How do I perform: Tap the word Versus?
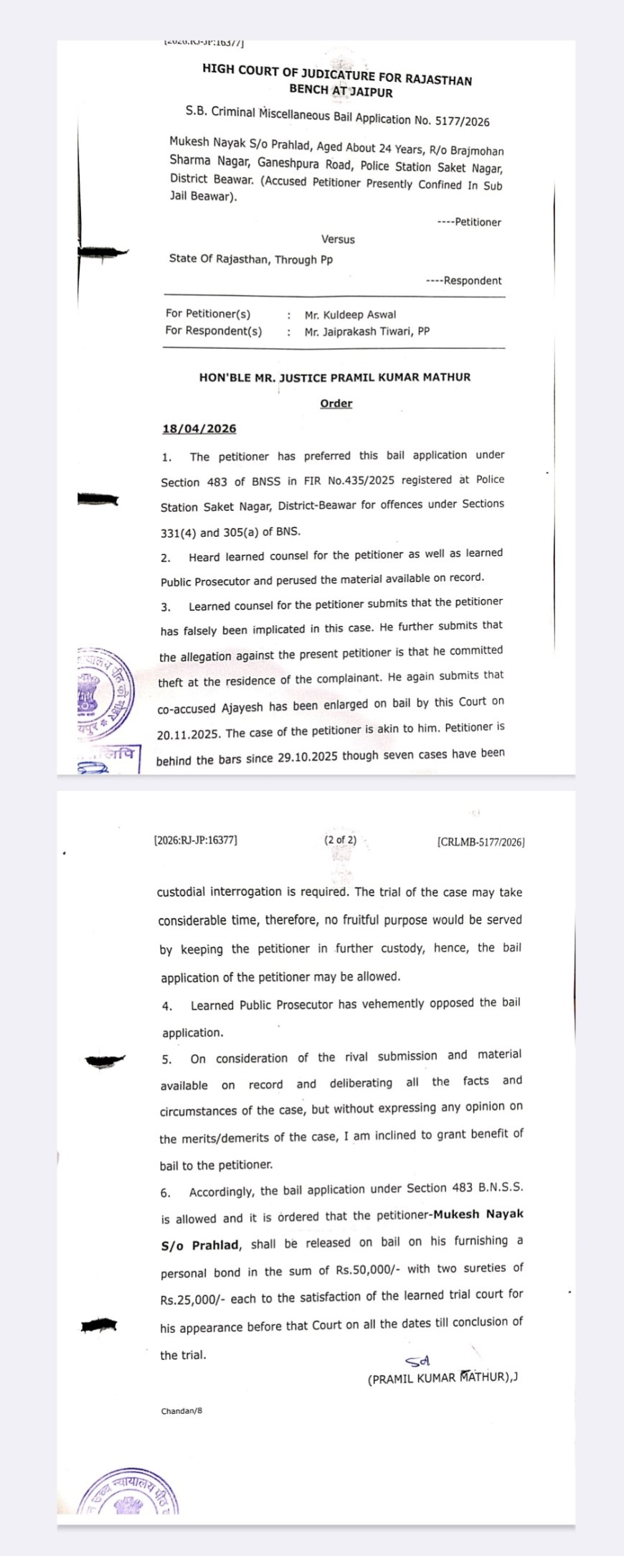pyautogui.click(x=338, y=239)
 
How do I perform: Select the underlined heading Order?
pyautogui.click(x=336, y=403)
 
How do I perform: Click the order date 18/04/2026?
pyautogui.click(x=199, y=428)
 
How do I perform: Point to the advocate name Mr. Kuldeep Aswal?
pyautogui.click(x=350, y=314)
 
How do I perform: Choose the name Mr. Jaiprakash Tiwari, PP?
pyautogui.click(x=367, y=332)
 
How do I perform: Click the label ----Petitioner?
pyautogui.click(x=469, y=222)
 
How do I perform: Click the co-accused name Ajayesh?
pyautogui.click(x=243, y=707)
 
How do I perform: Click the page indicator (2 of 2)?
pyautogui.click(x=340, y=840)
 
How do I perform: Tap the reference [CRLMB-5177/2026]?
pyautogui.click(x=481, y=842)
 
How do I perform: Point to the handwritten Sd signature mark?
pyautogui.click(x=417, y=1361)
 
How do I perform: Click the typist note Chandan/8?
pyautogui.click(x=181, y=1411)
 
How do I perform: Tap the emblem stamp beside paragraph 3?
pyautogui.click(x=105, y=693)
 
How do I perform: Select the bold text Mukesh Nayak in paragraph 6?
pyautogui.click(x=478, y=1214)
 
